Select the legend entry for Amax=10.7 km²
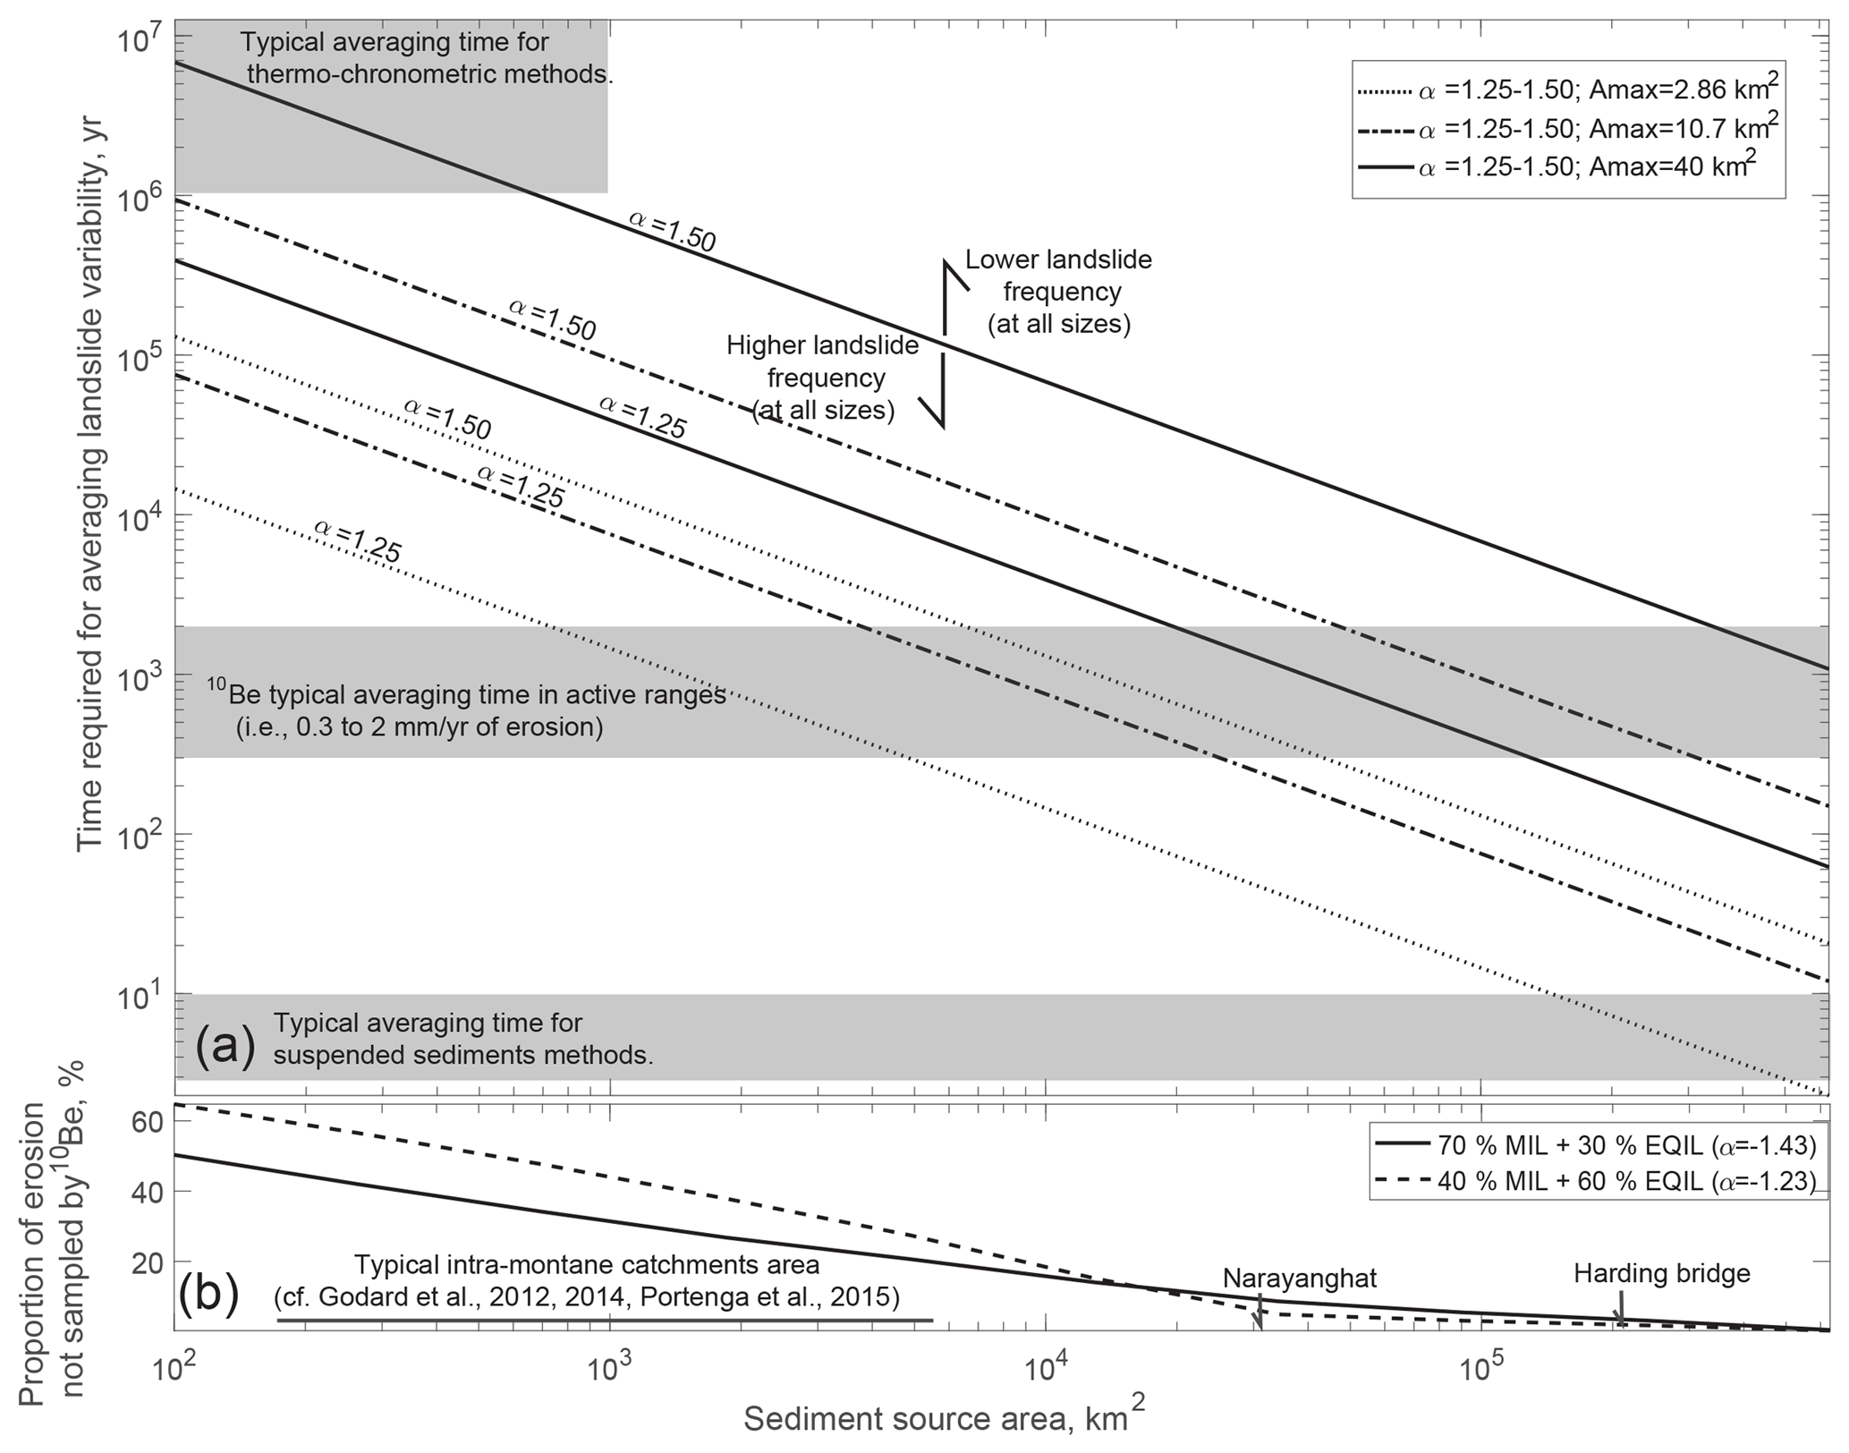[x=1565, y=129]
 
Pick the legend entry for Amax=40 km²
[x=1565, y=167]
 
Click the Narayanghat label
[x=1300, y=1279]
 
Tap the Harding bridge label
[x=1661, y=1273]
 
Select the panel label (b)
[x=208, y=1295]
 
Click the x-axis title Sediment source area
[x=944, y=1419]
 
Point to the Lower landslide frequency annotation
[x=1059, y=292]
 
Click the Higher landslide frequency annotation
[x=823, y=378]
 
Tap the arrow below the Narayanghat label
[x=1259, y=1316]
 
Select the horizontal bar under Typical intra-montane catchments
[x=604, y=1321]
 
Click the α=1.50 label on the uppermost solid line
[x=672, y=231]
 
